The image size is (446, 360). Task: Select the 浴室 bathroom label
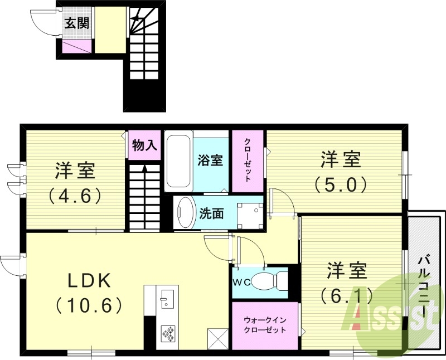tap(210, 160)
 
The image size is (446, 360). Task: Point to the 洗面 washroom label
tap(212, 213)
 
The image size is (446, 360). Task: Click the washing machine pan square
tap(249, 212)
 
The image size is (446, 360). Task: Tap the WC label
tap(241, 282)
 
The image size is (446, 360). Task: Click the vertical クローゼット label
tap(248, 160)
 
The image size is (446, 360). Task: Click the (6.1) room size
tap(347, 295)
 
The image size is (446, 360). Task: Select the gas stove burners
tap(168, 333)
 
